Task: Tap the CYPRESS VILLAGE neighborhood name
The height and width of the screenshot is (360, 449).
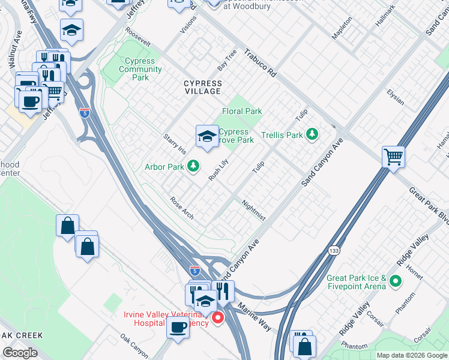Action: click(x=202, y=88)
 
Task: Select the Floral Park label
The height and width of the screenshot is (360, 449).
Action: click(x=242, y=111)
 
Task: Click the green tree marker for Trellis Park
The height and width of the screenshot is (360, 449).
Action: click(x=312, y=134)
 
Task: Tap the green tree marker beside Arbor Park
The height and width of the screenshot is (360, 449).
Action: click(x=193, y=166)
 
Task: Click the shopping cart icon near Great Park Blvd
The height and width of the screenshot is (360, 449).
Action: click(x=394, y=157)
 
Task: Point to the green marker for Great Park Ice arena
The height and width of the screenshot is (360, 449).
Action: click(x=395, y=280)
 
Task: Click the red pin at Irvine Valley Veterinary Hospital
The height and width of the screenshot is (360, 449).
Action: click(x=218, y=317)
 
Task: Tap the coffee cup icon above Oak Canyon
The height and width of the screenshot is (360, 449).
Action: click(x=178, y=327)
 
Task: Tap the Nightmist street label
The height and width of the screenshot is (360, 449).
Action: click(x=253, y=210)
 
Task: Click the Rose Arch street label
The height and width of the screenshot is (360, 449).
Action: click(x=182, y=208)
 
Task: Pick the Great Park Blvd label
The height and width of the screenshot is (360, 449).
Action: click(x=429, y=204)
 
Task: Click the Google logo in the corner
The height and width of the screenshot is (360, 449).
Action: click(x=20, y=353)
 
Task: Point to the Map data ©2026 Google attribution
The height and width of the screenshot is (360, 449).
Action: click(x=411, y=355)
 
